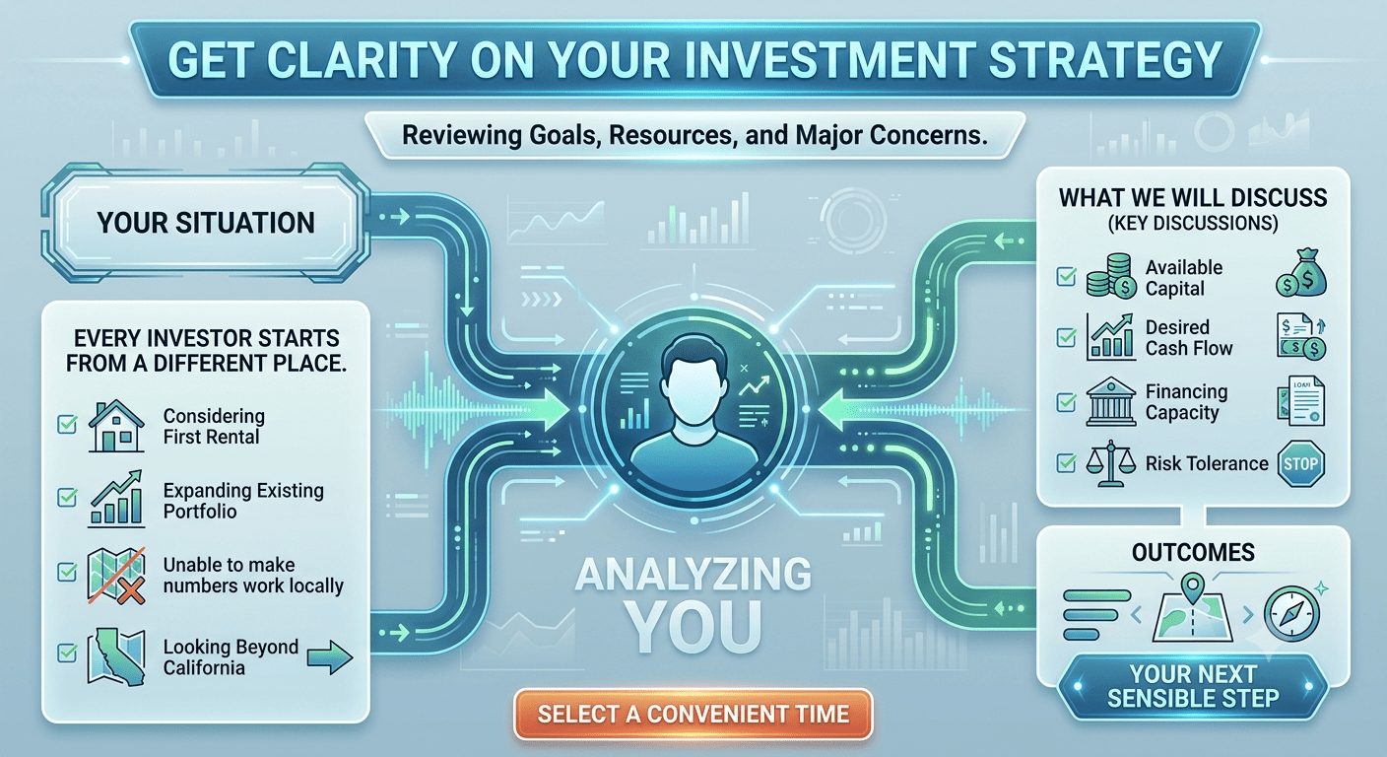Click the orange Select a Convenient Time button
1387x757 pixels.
coord(693,715)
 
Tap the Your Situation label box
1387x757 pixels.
coord(206,223)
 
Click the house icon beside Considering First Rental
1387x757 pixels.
coord(116,426)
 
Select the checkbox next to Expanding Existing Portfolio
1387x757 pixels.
coord(67,497)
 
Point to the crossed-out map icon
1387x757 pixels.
coord(116,576)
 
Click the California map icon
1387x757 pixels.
coord(116,656)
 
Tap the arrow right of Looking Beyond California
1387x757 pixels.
coord(330,657)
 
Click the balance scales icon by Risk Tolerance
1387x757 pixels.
coord(1111,463)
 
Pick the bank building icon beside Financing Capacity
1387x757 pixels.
coord(1111,401)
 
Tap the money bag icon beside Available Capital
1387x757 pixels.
coord(1301,273)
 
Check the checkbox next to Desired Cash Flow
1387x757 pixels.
coord(1066,338)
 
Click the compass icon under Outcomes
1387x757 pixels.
coord(1291,614)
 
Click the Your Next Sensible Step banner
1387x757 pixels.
coord(1193,686)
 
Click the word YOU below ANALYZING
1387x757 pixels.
coord(693,626)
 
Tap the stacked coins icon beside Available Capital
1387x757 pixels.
coord(1111,276)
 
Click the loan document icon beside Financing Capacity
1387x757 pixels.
coord(1301,401)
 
